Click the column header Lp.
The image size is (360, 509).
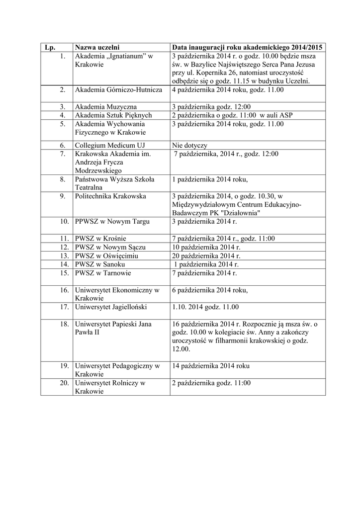(x=50, y=47)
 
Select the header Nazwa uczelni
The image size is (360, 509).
(x=97, y=47)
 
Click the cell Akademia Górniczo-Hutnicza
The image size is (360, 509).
(x=118, y=90)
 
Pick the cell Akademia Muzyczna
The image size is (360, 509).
(x=106, y=107)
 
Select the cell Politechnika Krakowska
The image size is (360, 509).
(x=110, y=196)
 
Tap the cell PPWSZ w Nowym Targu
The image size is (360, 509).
(x=111, y=221)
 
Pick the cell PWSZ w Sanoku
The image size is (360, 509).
(x=100, y=264)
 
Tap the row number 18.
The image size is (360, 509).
(x=64, y=324)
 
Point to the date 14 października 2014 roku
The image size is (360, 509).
(x=211, y=366)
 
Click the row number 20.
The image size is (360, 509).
(x=64, y=383)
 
